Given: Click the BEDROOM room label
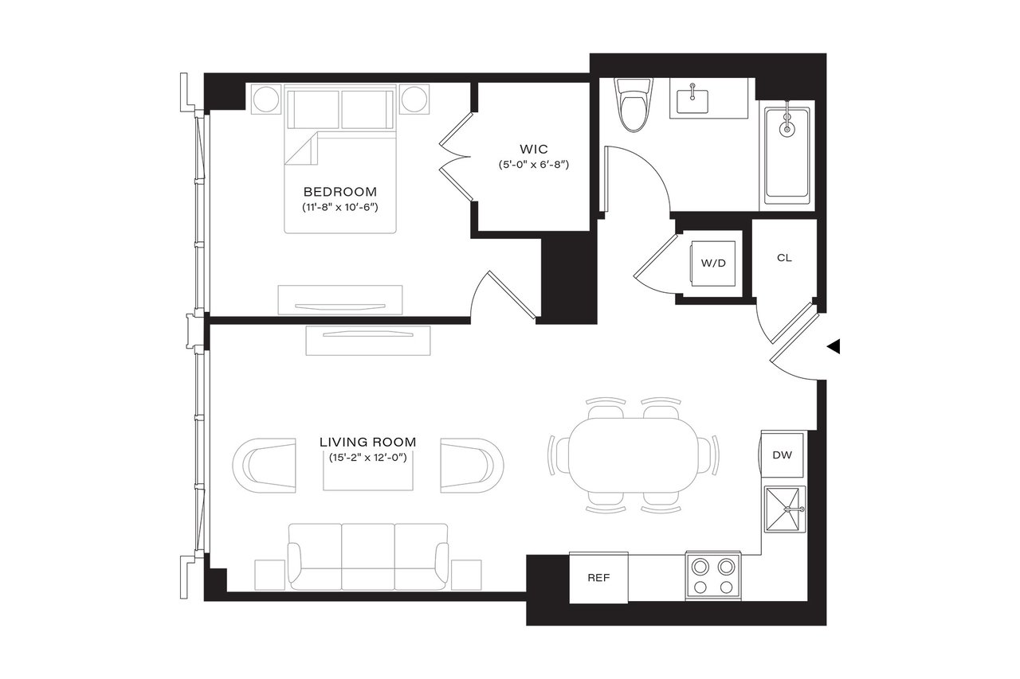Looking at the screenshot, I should click(339, 192).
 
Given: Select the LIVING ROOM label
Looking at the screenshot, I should click(367, 442).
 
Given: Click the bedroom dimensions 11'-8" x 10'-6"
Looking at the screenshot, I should click(339, 208).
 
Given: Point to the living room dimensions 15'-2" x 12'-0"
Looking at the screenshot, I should click(367, 458).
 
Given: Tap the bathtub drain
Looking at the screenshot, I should click(787, 127).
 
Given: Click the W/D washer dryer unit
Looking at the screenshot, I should click(713, 263).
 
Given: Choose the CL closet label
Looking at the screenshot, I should click(784, 259).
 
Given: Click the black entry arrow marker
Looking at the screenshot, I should click(834, 346).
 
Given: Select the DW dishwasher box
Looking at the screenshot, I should click(782, 455).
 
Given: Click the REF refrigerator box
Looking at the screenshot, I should click(598, 578).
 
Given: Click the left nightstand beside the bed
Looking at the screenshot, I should click(264, 100).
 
